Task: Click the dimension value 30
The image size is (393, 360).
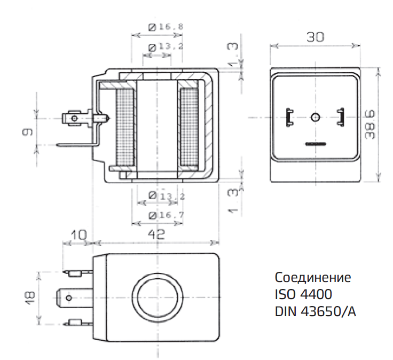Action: pyautogui.click(x=315, y=37)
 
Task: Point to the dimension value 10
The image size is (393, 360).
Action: pyautogui.click(x=77, y=234)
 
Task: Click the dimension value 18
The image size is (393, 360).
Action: pyautogui.click(x=29, y=296)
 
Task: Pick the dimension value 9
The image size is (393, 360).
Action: pyautogui.click(x=29, y=131)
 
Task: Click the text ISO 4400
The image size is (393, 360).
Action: pyautogui.click(x=303, y=294)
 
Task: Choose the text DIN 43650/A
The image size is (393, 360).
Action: pyautogui.click(x=315, y=310)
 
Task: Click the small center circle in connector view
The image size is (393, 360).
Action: pyautogui.click(x=315, y=117)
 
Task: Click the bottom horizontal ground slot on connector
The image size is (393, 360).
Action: pyautogui.click(x=315, y=143)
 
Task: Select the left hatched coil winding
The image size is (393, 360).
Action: pyautogui.click(x=126, y=126)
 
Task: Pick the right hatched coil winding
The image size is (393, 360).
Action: pyautogui.click(x=188, y=126)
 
